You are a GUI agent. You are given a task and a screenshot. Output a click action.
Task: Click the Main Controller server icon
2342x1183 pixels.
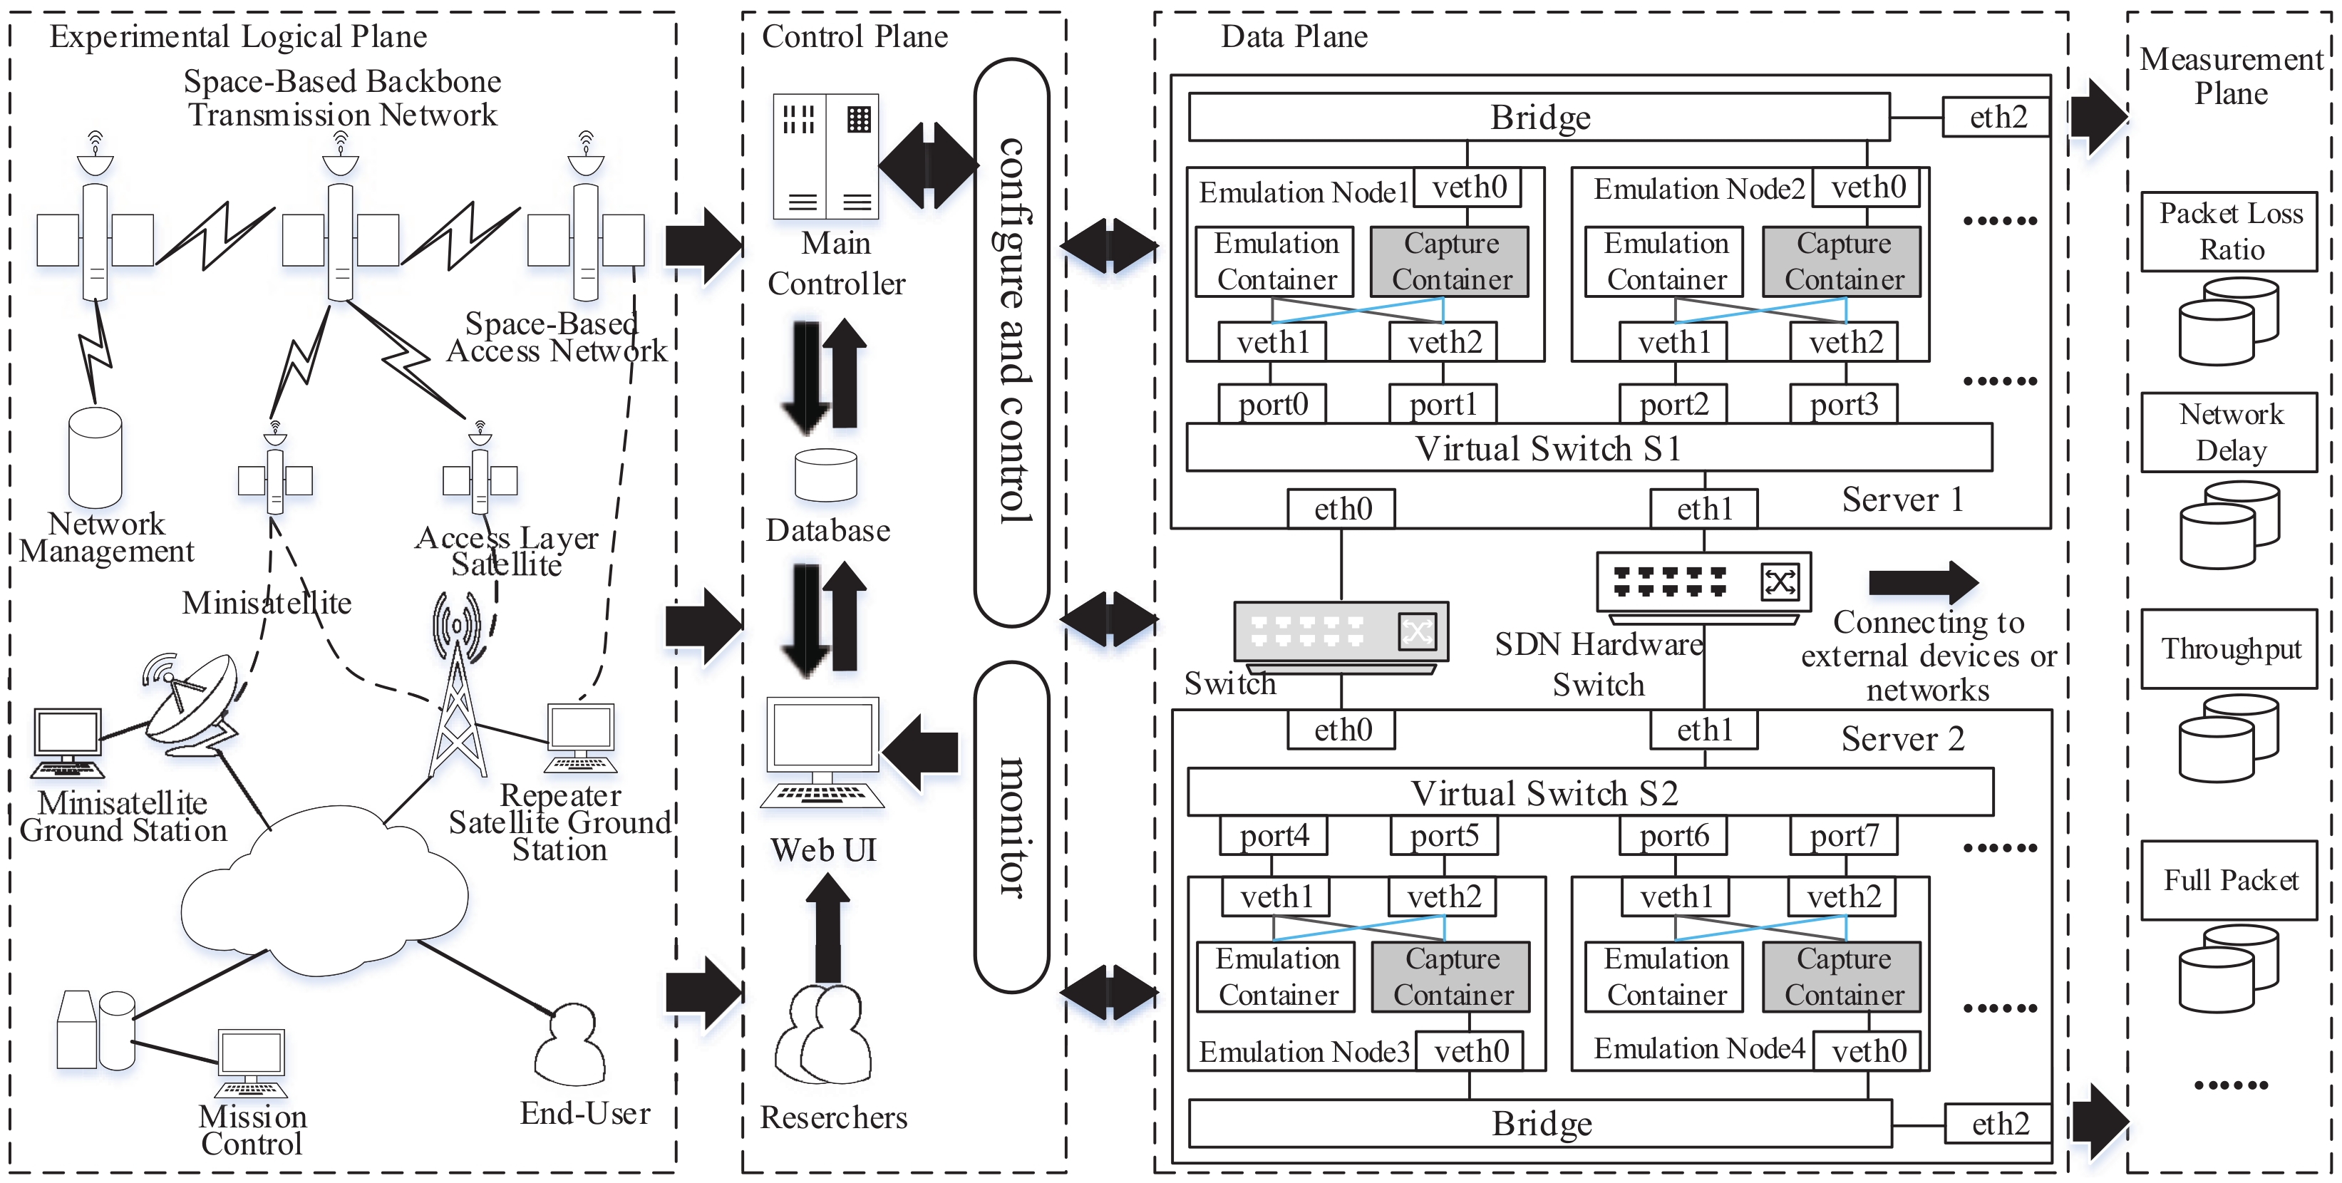pos(825,155)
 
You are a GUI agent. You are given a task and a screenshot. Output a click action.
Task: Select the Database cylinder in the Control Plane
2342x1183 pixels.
pos(825,475)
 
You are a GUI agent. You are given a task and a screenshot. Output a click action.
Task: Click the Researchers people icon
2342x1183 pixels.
pos(822,1035)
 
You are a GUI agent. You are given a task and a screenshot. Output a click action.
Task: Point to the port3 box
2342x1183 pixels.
pos(1844,404)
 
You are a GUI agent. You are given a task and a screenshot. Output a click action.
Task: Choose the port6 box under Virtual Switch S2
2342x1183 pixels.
pos(1673,835)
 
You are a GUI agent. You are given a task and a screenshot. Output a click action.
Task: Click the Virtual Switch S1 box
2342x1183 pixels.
pos(1589,448)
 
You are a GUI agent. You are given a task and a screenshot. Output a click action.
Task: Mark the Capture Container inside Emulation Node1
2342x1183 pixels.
pos(1450,262)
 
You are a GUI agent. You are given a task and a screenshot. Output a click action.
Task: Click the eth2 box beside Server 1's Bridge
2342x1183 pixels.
pos(1996,118)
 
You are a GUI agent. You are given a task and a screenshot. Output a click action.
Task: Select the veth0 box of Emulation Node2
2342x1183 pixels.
pos(1867,187)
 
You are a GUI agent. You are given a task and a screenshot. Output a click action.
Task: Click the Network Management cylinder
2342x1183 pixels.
pos(96,458)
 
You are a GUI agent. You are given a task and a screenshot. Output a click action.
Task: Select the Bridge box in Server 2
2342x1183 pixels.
pos(1540,1124)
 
